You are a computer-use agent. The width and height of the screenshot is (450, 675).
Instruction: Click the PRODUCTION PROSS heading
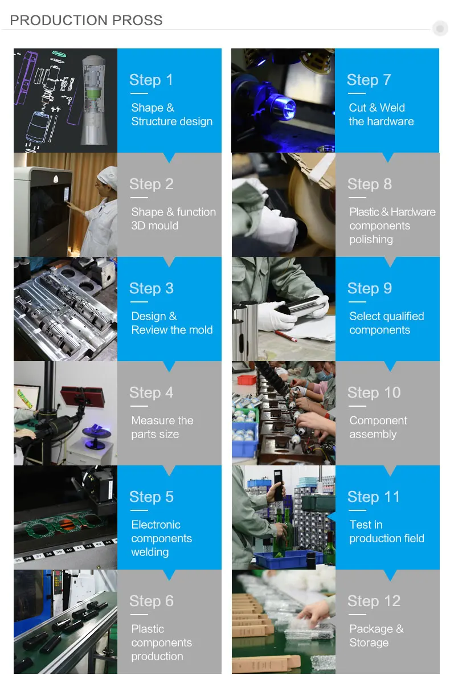(x=86, y=21)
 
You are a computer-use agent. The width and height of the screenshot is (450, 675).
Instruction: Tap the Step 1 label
(x=151, y=80)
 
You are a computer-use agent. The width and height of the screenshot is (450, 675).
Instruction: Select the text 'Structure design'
(x=172, y=121)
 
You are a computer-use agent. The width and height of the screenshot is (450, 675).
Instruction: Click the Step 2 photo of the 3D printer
(x=66, y=205)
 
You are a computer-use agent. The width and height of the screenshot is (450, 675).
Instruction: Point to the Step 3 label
(x=152, y=288)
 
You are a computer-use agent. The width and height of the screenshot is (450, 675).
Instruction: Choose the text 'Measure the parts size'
(x=162, y=427)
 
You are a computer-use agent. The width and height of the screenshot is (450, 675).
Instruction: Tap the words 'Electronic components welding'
(x=161, y=538)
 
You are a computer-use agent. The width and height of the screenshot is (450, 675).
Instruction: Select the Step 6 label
(x=152, y=600)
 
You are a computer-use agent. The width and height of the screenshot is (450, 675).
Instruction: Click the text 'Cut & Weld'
(x=377, y=108)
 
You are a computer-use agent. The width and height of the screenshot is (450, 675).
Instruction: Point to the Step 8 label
(x=370, y=184)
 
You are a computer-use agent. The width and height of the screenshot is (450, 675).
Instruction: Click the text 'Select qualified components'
(x=387, y=323)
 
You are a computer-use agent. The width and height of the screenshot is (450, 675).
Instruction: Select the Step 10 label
(x=374, y=392)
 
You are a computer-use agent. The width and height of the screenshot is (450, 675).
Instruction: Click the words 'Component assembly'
(x=378, y=427)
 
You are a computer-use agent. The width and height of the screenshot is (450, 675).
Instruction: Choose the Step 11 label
(x=373, y=496)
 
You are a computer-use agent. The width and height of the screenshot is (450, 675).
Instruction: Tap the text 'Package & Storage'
(x=377, y=635)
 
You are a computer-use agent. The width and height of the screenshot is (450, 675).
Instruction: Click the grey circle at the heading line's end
(x=440, y=29)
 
